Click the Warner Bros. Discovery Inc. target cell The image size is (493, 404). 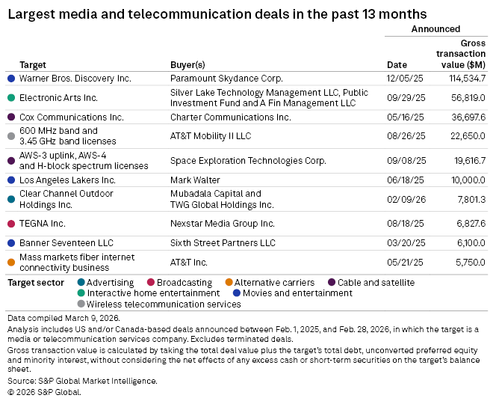click(x=75, y=78)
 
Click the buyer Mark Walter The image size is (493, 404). click(x=195, y=180)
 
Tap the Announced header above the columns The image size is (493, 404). click(x=435, y=29)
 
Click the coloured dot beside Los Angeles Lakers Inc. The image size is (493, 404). click(x=10, y=180)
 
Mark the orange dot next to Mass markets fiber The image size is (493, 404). click(x=10, y=263)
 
